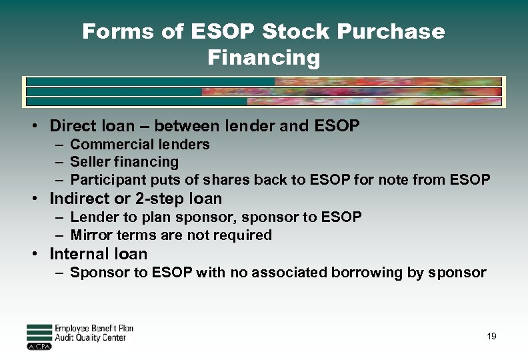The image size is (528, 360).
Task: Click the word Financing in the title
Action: click(263, 58)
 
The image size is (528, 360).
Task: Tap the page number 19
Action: click(491, 337)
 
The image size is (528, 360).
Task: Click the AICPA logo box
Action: click(39, 346)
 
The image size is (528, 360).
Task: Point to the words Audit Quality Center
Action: click(90, 338)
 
